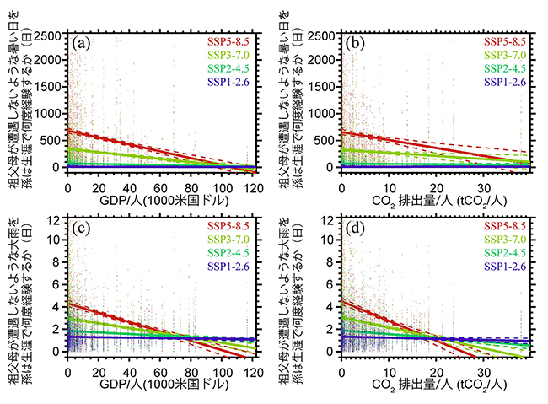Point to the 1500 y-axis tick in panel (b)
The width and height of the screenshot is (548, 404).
(x=323, y=88)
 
